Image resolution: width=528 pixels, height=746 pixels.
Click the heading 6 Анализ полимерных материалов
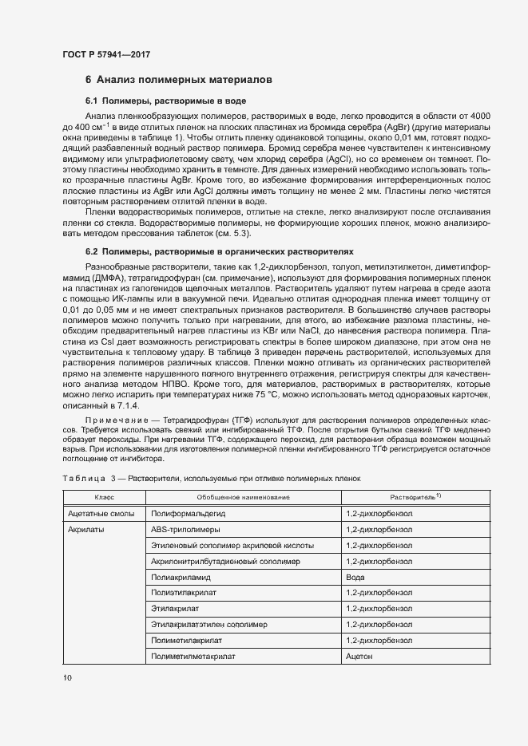(180, 80)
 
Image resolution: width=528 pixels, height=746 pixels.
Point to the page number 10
(67, 678)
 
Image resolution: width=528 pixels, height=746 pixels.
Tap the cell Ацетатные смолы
(97, 514)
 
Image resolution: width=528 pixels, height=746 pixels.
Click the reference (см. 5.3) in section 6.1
(233, 234)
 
